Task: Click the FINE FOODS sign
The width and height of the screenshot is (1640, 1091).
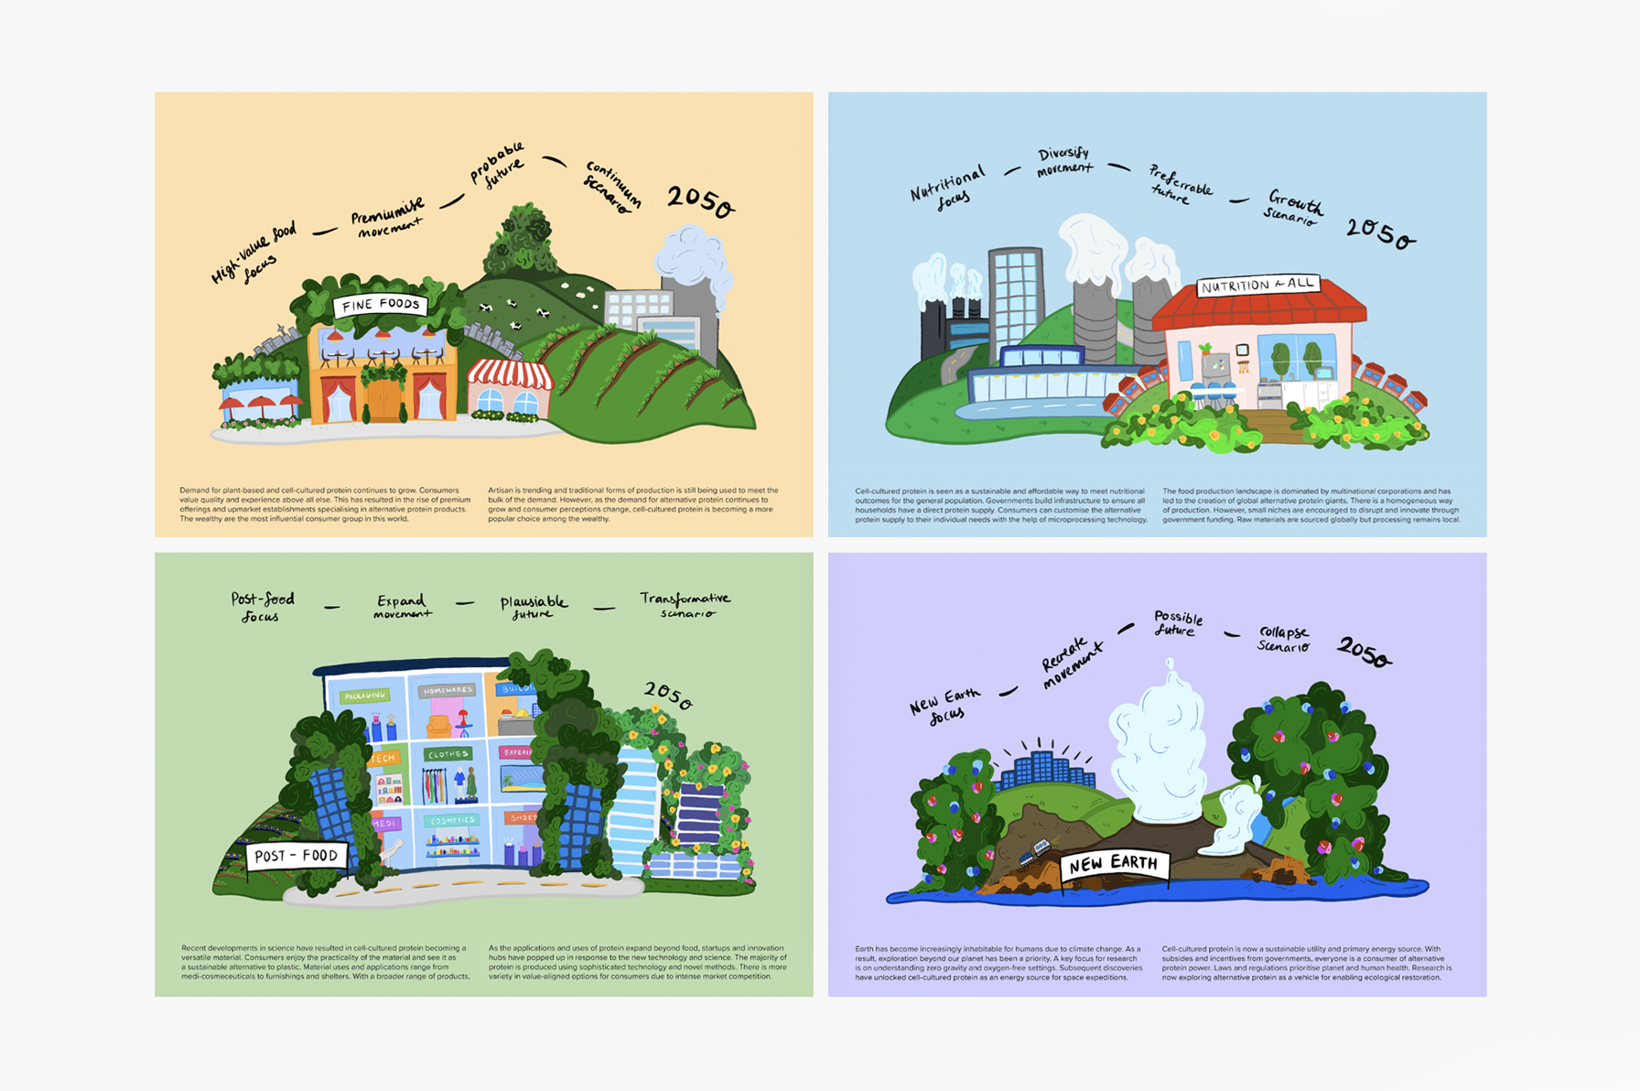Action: click(380, 305)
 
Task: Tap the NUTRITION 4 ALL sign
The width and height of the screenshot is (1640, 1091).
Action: click(1258, 286)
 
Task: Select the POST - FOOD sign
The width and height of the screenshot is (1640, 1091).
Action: click(297, 856)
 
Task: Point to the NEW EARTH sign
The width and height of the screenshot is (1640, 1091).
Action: click(1113, 863)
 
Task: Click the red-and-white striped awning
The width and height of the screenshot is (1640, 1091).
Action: click(510, 373)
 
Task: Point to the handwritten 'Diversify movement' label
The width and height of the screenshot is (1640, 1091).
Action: click(1063, 161)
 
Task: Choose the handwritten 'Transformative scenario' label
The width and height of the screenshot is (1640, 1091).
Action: click(685, 605)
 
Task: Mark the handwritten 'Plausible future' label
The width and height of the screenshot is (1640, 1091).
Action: click(533, 607)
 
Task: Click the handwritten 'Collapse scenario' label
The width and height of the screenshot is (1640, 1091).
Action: click(1283, 639)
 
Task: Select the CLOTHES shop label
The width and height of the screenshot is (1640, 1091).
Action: click(448, 754)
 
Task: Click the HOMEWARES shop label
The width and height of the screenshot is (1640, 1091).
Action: click(447, 690)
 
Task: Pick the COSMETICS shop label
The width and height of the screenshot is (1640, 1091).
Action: click(451, 821)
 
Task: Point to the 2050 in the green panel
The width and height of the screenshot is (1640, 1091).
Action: click(668, 696)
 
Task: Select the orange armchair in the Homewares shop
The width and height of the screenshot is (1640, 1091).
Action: click(439, 727)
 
